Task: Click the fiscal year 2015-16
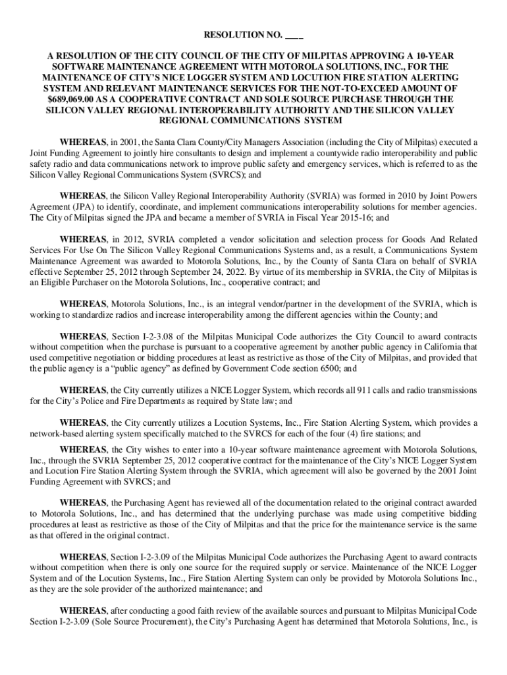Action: point(341,217)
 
